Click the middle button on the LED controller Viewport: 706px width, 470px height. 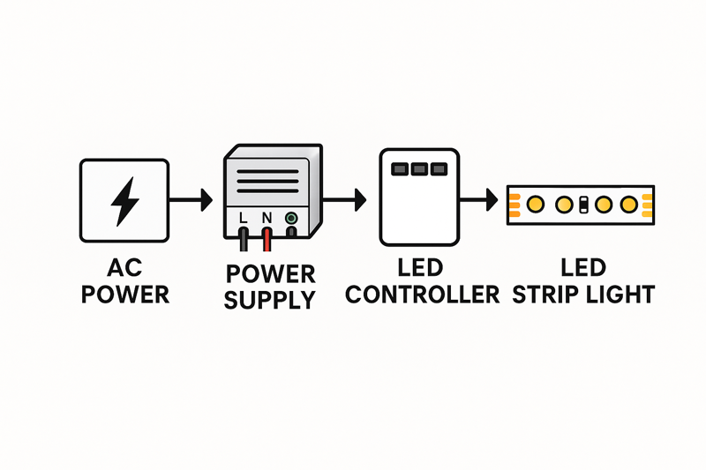click(x=419, y=168)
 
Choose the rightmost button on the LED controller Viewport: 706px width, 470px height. click(x=438, y=168)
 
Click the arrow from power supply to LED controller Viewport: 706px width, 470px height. click(x=346, y=200)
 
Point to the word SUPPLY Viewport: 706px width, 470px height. click(x=269, y=299)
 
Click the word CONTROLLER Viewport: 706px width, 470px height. click(x=423, y=294)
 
